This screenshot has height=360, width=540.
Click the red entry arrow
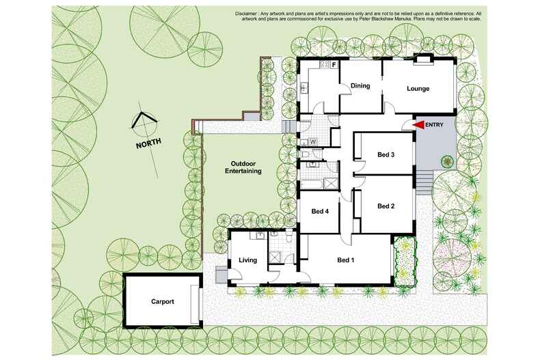419,125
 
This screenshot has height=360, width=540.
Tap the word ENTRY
434,125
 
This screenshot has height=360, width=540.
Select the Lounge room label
418,88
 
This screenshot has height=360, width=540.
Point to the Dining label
360,85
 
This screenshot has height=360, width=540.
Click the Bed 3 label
386,154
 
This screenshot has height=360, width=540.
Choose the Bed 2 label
386,206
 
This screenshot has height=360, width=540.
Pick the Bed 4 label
320,211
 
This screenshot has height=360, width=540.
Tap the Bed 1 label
347,260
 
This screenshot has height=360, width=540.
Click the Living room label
246,260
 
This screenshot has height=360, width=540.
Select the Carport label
162,301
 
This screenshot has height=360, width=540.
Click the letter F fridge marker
334,65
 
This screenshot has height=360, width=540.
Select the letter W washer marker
312,141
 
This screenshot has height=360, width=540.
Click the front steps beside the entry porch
425,183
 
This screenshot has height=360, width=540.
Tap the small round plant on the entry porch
447,162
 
